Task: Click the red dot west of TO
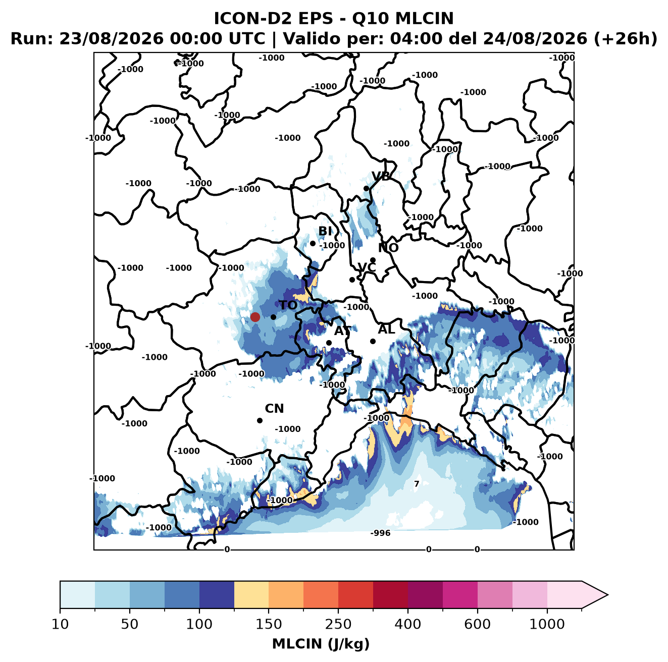pyautogui.click(x=255, y=317)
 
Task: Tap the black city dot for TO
pyautogui.click(x=273, y=317)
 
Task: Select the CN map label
pyautogui.click(x=274, y=409)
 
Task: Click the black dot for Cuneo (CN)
pyautogui.click(x=260, y=420)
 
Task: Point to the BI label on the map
pyautogui.click(x=325, y=231)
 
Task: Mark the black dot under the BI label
pyautogui.click(x=313, y=244)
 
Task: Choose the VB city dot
pyautogui.click(x=366, y=188)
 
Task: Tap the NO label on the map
pyautogui.click(x=388, y=248)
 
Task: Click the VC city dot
pyautogui.click(x=352, y=280)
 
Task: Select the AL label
pyautogui.click(x=386, y=329)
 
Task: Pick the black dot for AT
pyautogui.click(x=329, y=343)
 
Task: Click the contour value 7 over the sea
pyautogui.click(x=417, y=483)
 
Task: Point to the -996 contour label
pyautogui.click(x=380, y=533)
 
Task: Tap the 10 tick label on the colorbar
pyautogui.click(x=60, y=624)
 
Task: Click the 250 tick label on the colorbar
pyautogui.click(x=338, y=624)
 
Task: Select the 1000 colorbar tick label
pyautogui.click(x=547, y=624)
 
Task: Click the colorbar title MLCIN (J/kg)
pyautogui.click(x=321, y=644)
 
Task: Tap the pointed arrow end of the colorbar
pyautogui.click(x=607, y=595)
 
